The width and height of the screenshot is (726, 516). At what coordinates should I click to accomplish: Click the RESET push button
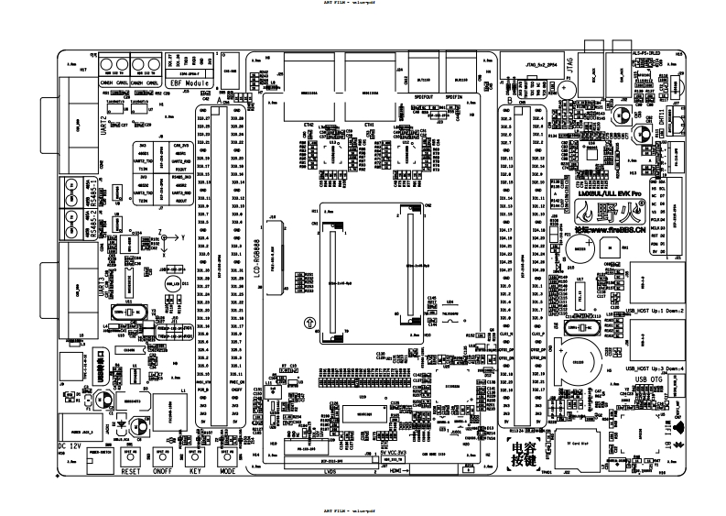click(130, 456)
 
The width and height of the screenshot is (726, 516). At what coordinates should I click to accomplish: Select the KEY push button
click(193, 456)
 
